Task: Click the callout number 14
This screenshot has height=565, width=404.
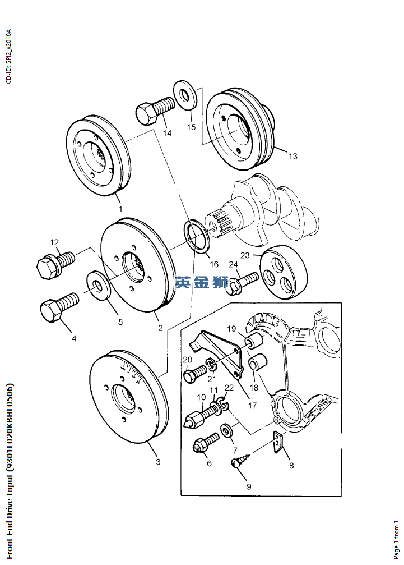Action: point(168,134)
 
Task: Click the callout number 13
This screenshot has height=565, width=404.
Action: point(293,157)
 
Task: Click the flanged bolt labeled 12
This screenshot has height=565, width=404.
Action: point(55,263)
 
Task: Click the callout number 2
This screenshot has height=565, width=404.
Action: point(160,328)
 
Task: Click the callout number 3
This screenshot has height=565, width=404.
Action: point(158,462)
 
